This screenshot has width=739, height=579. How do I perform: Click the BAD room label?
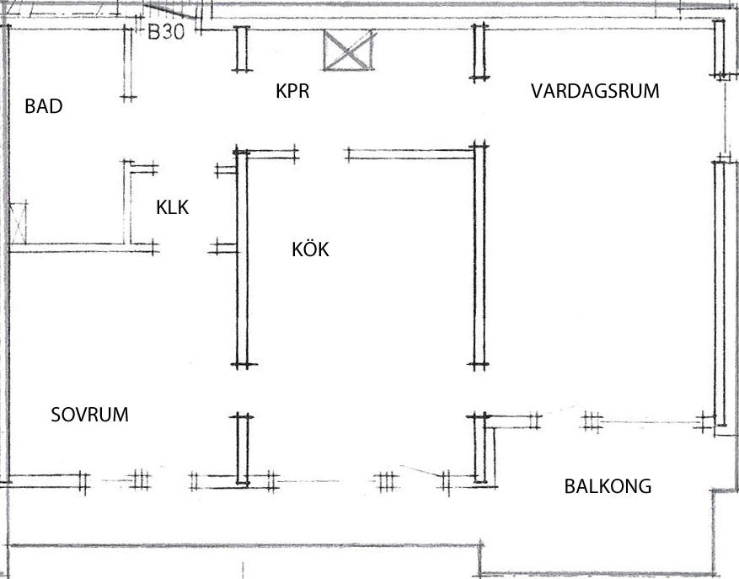44,107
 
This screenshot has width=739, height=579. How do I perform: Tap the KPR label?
292,91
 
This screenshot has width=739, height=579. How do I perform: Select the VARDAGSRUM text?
595,91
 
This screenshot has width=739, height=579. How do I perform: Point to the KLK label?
172,207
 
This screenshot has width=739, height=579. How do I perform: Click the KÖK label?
310,249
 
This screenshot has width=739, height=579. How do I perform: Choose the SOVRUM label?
89,415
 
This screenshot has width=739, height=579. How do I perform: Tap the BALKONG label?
608,486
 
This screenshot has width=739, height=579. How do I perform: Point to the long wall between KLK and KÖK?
242,257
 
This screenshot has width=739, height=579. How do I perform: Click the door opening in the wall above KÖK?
322,153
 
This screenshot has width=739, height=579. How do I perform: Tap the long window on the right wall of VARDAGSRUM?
719,291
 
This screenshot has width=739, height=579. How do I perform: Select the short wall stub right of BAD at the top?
128,63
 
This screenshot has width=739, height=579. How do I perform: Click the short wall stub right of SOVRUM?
243,448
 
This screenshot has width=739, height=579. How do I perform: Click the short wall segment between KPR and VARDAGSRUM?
479,51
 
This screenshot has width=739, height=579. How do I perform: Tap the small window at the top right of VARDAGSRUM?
720,48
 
